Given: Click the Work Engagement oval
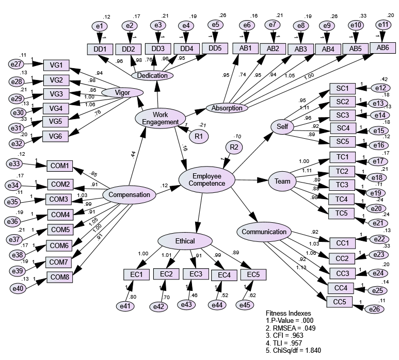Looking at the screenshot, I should (161, 118).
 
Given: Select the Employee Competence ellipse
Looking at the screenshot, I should (206, 179).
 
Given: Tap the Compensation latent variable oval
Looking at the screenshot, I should (130, 195).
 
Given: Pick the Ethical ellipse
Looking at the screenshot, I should (185, 241).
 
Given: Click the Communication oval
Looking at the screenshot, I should (264, 232).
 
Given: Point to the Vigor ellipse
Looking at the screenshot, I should (122, 92).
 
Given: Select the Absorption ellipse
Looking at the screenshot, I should (227, 108).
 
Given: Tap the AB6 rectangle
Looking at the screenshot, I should (382, 47).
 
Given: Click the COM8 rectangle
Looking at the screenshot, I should (60, 277).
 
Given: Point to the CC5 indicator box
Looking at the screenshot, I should (339, 301).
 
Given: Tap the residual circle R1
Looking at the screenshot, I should (198, 136).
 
